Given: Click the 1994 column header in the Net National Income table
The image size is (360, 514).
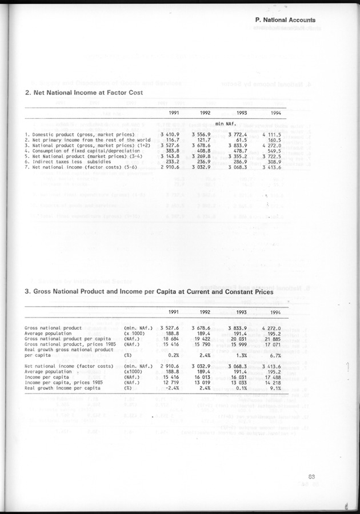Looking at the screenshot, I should tap(275, 113).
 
